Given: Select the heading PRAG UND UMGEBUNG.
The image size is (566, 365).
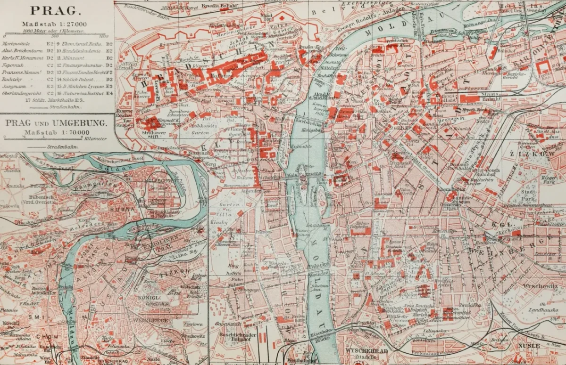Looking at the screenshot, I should tap(56, 124).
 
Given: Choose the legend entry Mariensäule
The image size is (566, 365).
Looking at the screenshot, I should tap(16, 43).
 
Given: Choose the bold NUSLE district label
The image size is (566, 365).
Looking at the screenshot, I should tap(528, 345).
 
